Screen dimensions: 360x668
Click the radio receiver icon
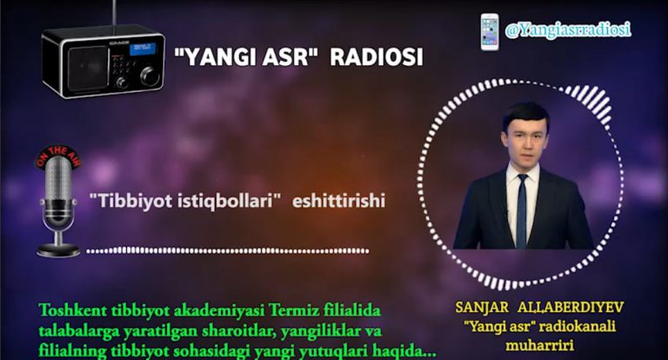click(x=103, y=60)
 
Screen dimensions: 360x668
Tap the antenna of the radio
click(x=114, y=14)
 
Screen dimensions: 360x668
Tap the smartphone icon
click(x=490, y=31)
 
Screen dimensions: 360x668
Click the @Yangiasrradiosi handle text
click(x=568, y=30)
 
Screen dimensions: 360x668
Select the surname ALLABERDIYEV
click(x=574, y=308)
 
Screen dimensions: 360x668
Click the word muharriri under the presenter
click(x=534, y=345)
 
